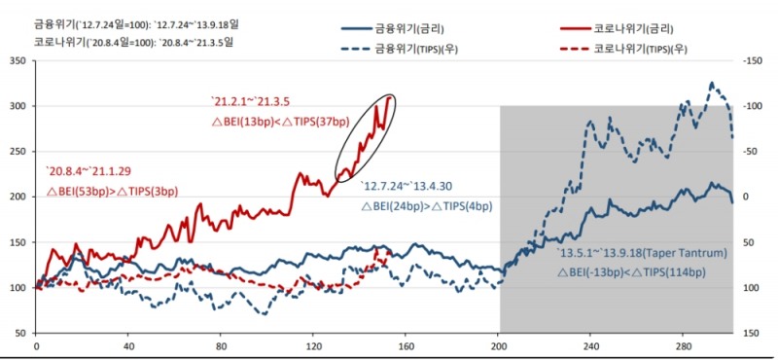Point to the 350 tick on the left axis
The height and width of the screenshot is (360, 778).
pyautogui.click(x=17, y=61)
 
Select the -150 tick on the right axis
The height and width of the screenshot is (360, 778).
pyautogui.click(x=750, y=61)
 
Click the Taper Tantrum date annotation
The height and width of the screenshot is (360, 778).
pyautogui.click(x=642, y=254)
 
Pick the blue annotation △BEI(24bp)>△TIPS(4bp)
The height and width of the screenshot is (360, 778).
pyautogui.click(x=429, y=207)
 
